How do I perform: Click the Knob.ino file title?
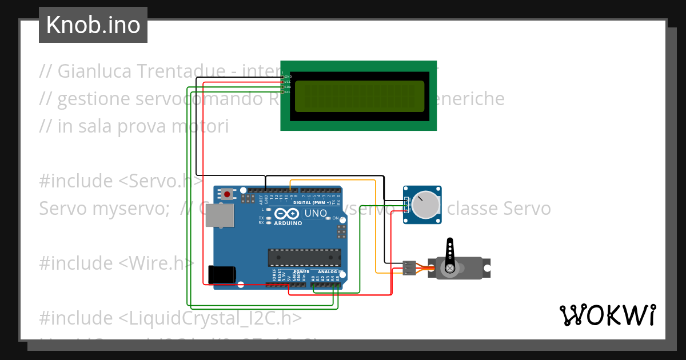point(93,25)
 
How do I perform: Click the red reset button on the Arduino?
point(227,194)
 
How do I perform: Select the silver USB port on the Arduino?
point(220,215)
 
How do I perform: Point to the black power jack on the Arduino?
point(222,274)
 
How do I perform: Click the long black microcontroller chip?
point(305,258)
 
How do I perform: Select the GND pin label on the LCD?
point(288,77)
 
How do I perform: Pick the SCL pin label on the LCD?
point(288,92)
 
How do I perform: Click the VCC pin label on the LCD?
point(288,82)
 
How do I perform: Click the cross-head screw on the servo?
point(450,267)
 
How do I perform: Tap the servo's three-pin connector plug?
point(409,267)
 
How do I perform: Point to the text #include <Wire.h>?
point(117,263)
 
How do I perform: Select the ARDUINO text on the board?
point(288,223)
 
